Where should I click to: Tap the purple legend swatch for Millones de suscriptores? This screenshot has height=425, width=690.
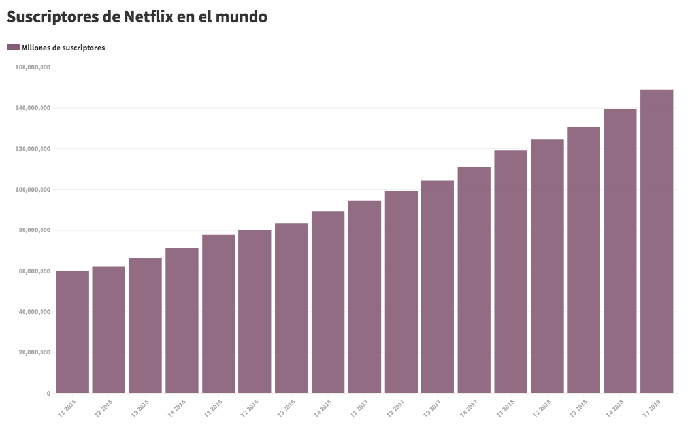point(12,48)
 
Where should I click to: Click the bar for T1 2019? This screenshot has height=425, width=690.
point(657,241)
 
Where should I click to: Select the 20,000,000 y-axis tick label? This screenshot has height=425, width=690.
point(35,352)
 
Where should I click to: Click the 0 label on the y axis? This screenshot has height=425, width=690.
point(48,394)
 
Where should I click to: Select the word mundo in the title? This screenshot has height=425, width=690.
point(241,17)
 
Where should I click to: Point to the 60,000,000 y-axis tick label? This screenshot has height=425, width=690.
point(35,271)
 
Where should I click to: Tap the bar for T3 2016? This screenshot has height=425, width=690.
point(291,308)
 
